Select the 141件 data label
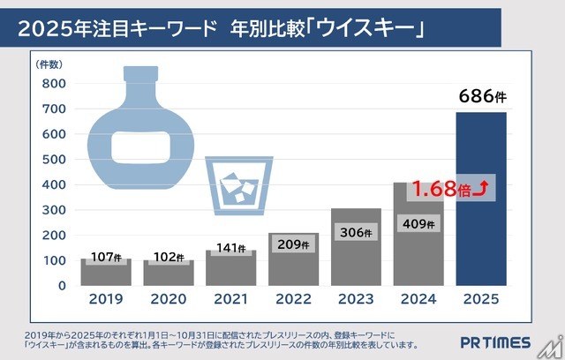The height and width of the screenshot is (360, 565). point(231,249)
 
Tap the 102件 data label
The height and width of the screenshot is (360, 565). point(169,258)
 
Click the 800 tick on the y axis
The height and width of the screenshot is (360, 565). point(54,83)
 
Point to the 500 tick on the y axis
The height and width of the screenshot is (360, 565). point(54,160)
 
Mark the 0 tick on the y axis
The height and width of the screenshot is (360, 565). point(62,286)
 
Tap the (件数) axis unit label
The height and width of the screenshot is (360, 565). point(49,65)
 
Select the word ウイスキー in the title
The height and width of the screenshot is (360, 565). point(372,30)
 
